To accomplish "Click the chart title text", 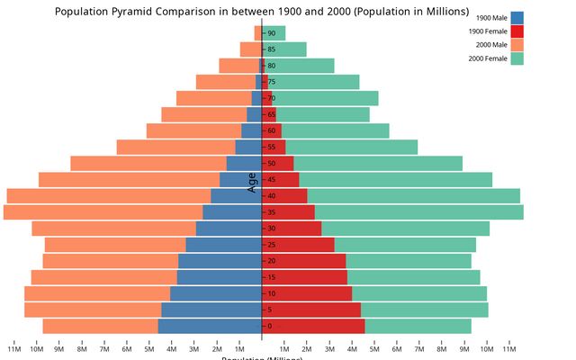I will (x=262, y=12).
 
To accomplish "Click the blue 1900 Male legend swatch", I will (x=517, y=18).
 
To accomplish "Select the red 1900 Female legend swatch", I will (x=517, y=31).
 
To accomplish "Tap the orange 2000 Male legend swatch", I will (x=517, y=45).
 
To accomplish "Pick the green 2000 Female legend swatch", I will (x=517, y=58).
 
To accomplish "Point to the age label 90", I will (x=271, y=33).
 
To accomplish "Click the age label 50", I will (x=271, y=164).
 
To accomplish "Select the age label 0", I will (x=269, y=327).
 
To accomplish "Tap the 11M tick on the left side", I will (x=14, y=349).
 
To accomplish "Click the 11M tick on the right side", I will (x=509, y=349).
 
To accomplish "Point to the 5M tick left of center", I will (x=149, y=349).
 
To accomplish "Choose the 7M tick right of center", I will (x=419, y=349).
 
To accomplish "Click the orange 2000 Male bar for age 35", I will (x=103, y=212).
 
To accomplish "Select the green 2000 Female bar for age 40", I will (x=413, y=196).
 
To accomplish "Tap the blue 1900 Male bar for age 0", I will (x=210, y=327).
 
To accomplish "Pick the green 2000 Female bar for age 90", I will (x=274, y=33).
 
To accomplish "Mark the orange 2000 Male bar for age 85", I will (x=249, y=49).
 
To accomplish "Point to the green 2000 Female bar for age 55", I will (x=351, y=147).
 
